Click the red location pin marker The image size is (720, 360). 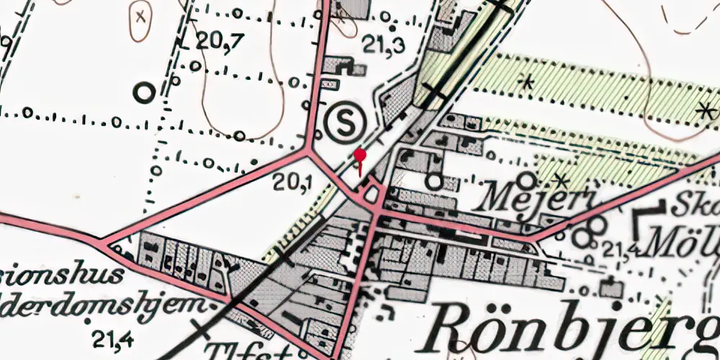360,156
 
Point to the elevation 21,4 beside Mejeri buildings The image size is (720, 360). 621,250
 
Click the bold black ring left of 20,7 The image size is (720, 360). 145,92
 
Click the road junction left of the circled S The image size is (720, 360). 310,152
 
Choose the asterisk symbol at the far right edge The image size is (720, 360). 704,111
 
